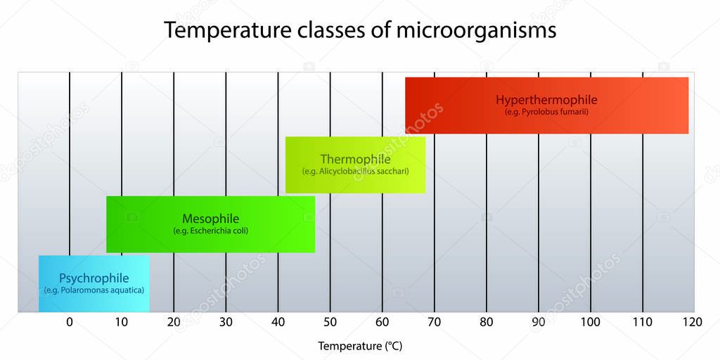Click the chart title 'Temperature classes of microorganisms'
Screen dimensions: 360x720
click(360, 30)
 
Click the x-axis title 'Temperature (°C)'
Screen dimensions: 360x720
click(360, 346)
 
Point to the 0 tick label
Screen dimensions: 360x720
click(69, 322)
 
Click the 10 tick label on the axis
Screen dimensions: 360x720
click(121, 322)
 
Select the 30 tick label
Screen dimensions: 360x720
click(225, 322)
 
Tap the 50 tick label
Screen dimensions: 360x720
click(330, 322)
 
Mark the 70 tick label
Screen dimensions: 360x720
click(434, 322)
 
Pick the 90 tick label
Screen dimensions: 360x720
click(538, 322)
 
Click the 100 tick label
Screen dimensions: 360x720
click(590, 322)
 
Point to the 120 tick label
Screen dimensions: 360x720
click(692, 322)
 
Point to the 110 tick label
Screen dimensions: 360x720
click(642, 322)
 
